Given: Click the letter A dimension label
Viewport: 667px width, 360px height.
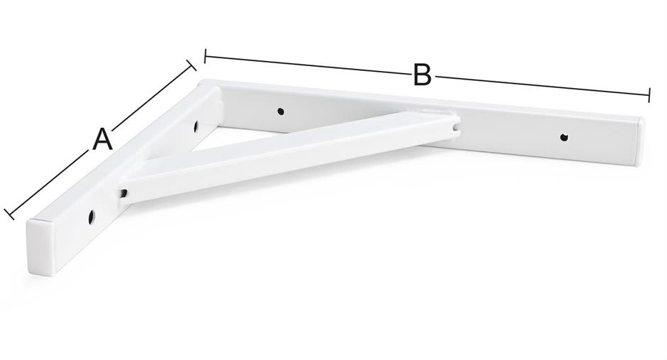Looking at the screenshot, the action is (x=102, y=140).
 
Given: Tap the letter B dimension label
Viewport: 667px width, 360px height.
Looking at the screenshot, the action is (x=422, y=75).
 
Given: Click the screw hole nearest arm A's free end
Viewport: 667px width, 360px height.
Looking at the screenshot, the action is (x=92, y=217).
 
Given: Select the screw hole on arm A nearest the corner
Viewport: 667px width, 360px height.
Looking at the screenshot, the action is (x=196, y=126).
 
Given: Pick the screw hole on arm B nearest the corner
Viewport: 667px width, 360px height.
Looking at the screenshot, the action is (x=280, y=111).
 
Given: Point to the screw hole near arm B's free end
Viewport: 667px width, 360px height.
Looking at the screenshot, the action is (x=563, y=137).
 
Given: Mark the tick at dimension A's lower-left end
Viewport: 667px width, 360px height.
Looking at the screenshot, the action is (x=9, y=214).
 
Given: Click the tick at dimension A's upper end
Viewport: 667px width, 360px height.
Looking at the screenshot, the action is (x=192, y=65).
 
